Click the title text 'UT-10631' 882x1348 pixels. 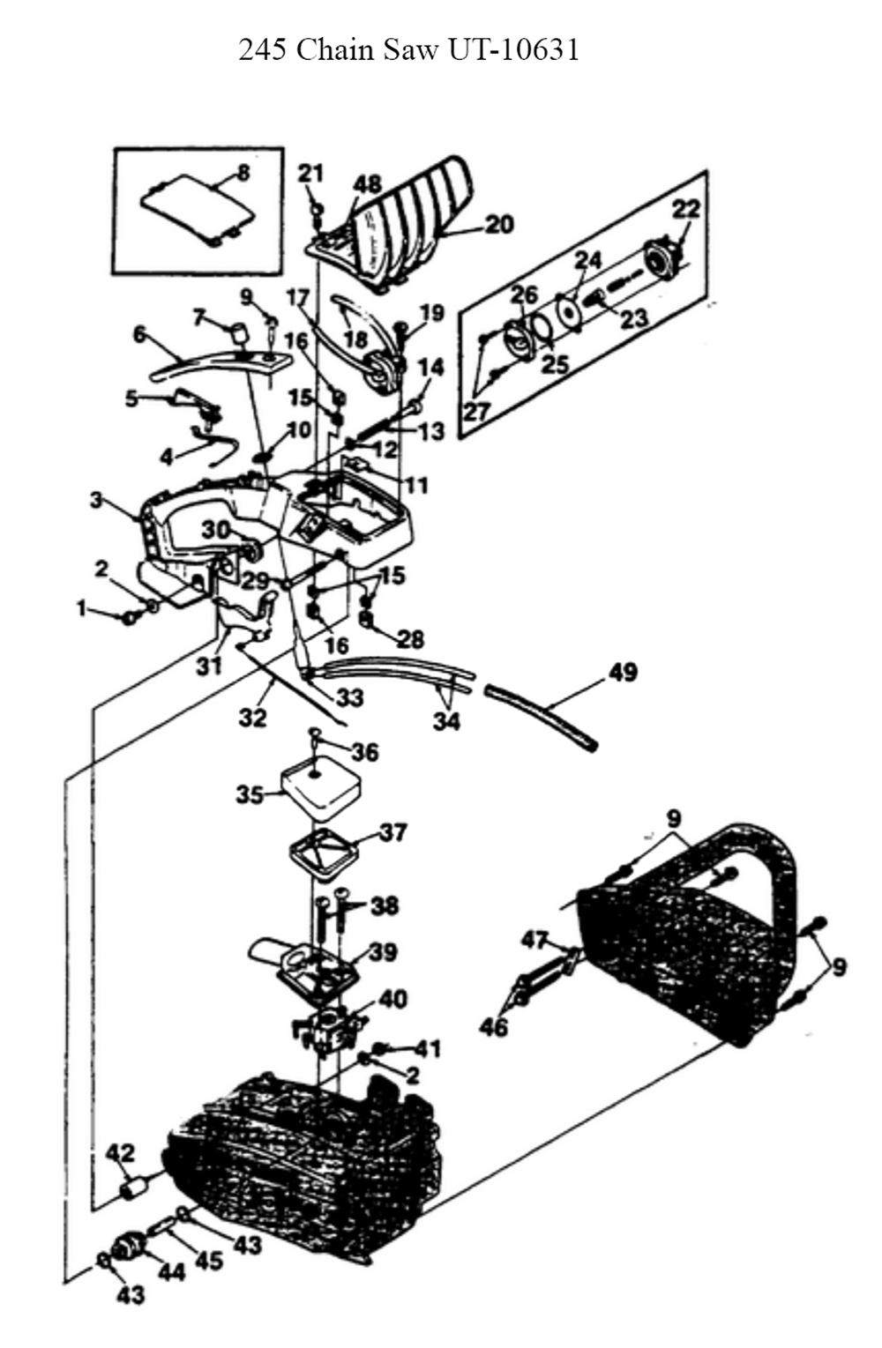[513, 50]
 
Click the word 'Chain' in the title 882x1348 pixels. [335, 50]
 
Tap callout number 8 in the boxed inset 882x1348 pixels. [243, 174]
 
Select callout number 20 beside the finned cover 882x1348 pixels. [499, 225]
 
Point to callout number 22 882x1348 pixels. [686, 210]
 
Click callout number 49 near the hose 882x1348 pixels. [623, 672]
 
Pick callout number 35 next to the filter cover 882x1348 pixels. [250, 794]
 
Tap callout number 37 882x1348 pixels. [393, 833]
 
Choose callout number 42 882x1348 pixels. [121, 1154]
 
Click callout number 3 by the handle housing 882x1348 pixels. [97, 500]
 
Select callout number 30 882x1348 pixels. [215, 530]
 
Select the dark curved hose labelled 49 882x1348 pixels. [542, 716]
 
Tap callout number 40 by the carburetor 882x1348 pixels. [392, 999]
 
